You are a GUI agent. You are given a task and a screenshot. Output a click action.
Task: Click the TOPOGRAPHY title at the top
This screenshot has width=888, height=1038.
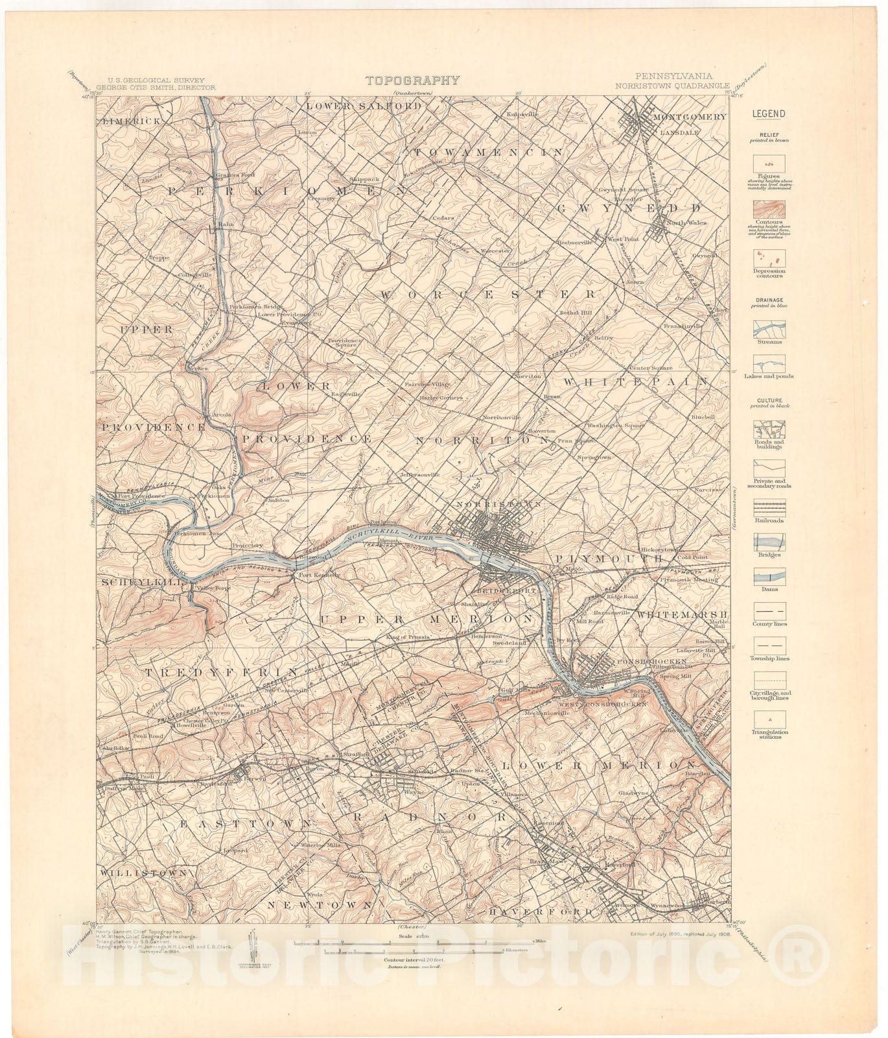[412, 80]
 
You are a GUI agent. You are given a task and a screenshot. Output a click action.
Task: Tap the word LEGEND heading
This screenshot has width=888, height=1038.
[769, 114]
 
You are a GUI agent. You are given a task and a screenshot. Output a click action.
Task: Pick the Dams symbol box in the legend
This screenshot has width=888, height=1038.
[769, 575]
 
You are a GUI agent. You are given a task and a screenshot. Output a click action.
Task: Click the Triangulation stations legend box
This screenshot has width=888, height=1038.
[769, 719]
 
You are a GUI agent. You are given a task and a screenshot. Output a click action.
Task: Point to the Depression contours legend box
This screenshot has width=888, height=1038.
[769, 258]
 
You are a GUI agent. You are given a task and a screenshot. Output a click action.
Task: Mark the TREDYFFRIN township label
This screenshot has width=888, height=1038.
[220, 671]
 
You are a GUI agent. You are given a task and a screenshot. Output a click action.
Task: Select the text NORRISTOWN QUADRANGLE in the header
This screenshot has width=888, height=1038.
[673, 86]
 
